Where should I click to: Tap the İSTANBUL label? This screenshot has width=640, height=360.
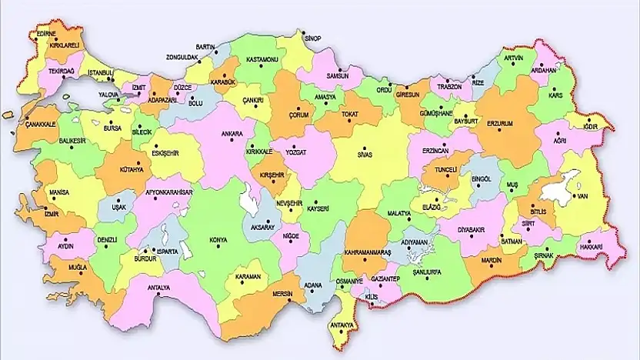click(x=100, y=73)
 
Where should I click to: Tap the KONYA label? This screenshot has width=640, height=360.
click(x=219, y=240)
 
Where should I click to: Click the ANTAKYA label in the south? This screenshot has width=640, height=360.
click(x=342, y=325)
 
